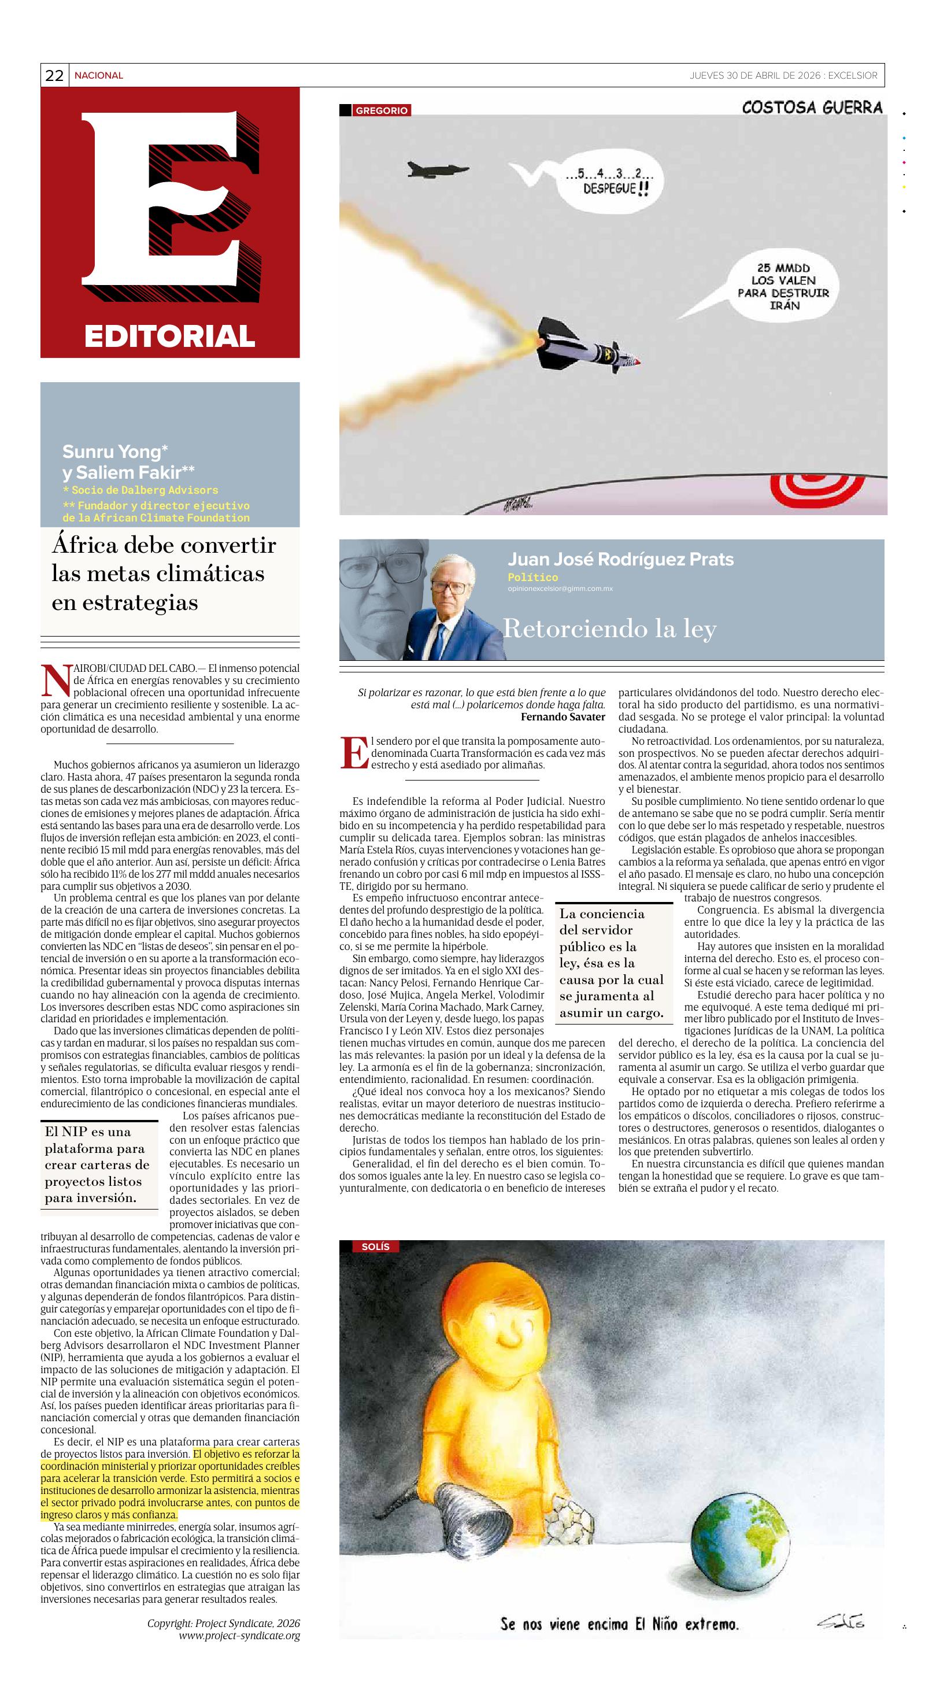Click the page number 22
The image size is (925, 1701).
54,76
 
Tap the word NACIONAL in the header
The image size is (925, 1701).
98,76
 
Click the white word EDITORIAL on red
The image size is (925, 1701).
170,336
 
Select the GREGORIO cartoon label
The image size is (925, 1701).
381,110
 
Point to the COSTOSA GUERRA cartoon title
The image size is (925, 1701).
812,107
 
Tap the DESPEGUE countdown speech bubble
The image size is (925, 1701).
608,182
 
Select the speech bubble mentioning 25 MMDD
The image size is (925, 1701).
782,287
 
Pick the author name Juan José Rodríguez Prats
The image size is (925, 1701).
620,559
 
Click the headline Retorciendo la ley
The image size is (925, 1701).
609,628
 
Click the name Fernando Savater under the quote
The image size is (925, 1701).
563,716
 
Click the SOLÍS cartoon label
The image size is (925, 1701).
375,1246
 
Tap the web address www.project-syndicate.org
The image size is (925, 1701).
239,1636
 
